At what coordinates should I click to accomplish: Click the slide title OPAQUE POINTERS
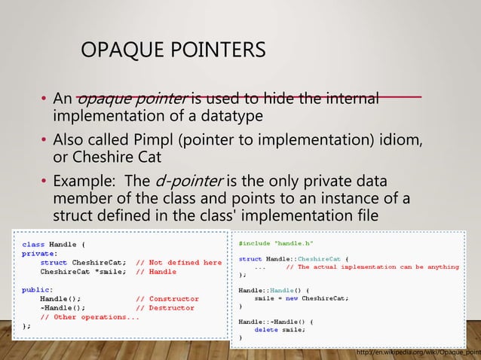[173, 50]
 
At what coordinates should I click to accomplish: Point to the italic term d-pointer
[188, 182]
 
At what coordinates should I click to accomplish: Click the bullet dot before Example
[44, 182]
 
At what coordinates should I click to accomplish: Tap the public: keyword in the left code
[38, 289]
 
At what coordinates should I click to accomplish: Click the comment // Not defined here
[179, 263]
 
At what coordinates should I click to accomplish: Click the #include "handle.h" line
[276, 244]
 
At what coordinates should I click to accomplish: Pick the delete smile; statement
[281, 329]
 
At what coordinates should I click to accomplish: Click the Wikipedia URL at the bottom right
[418, 352]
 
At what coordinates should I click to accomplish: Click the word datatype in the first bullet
[227, 116]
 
